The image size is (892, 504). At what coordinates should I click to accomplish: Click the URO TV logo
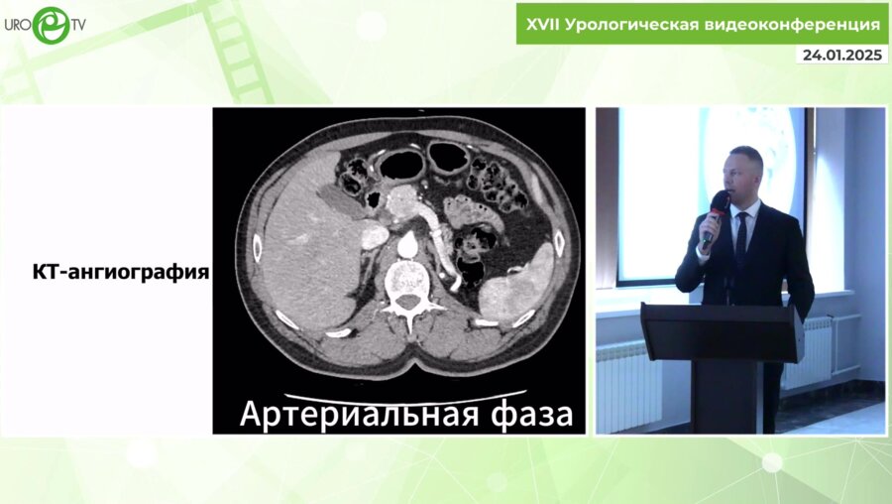tap(44, 23)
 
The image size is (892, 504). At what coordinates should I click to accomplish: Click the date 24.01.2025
tap(842, 56)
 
